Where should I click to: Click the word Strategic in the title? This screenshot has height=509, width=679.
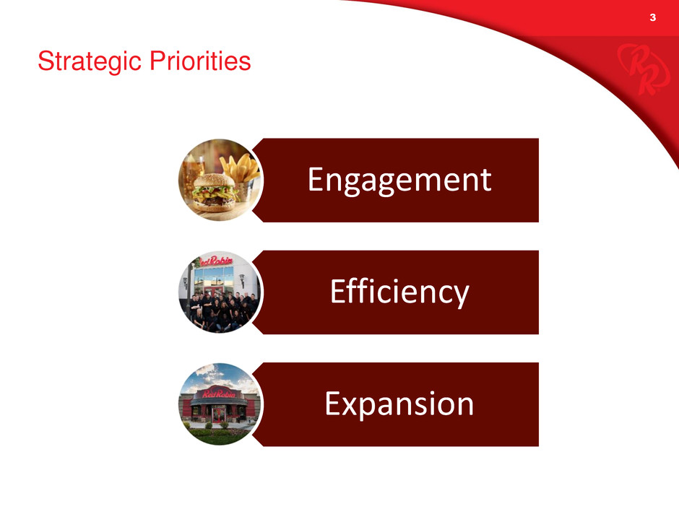90,61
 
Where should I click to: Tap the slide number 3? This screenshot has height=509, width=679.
652,17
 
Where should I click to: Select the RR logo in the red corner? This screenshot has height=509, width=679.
643,69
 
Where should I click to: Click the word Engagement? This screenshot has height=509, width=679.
399,180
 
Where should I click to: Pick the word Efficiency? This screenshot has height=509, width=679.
399,292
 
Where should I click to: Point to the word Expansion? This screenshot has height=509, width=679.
399,404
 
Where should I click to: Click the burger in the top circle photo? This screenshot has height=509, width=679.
214,191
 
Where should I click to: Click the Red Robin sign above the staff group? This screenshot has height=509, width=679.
216,261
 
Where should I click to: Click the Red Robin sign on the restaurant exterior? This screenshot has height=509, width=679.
219,393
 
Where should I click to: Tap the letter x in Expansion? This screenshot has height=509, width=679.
351,407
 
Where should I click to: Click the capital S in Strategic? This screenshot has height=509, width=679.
46,61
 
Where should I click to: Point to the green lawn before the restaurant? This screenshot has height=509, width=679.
220,437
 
